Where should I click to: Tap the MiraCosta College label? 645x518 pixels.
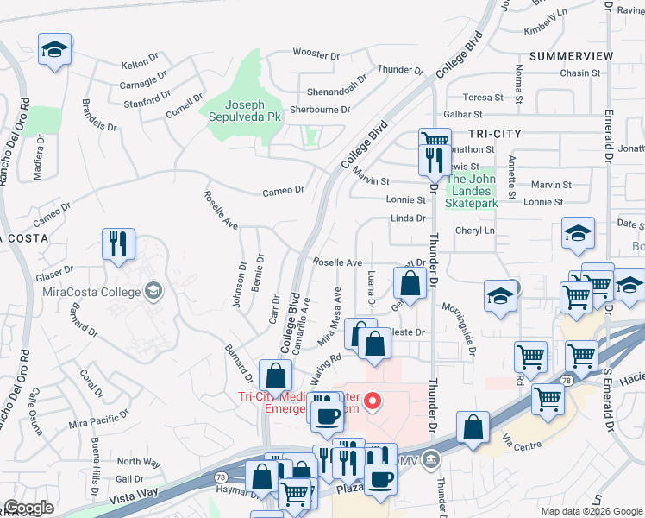[x=91, y=291]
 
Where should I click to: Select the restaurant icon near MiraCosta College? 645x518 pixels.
[x=118, y=244]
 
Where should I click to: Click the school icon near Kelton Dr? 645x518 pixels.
[x=55, y=49]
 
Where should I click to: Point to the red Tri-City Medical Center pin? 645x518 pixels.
[x=373, y=400]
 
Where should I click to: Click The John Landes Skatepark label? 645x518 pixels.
[x=472, y=191]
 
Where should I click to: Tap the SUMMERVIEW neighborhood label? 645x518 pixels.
[x=572, y=55]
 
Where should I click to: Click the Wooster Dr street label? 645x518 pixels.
[x=316, y=54]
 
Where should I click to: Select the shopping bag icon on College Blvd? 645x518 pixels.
[x=275, y=376]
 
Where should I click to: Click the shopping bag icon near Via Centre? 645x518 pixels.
[x=473, y=428]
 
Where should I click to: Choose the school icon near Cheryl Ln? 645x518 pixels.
[x=578, y=233]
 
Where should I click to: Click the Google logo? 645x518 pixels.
[x=28, y=508]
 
